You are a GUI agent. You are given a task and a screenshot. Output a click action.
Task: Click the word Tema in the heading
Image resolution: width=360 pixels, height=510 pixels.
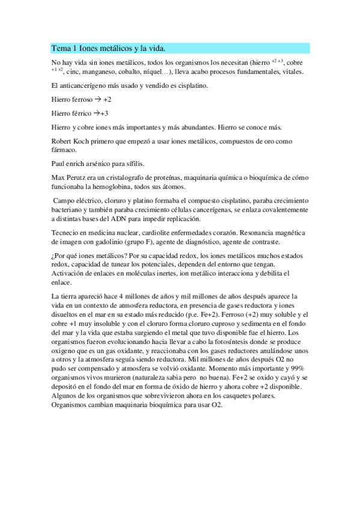pyautogui.click(x=61, y=48)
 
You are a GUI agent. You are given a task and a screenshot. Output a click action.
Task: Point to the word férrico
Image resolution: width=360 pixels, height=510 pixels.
pyautogui.click(x=82, y=113)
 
